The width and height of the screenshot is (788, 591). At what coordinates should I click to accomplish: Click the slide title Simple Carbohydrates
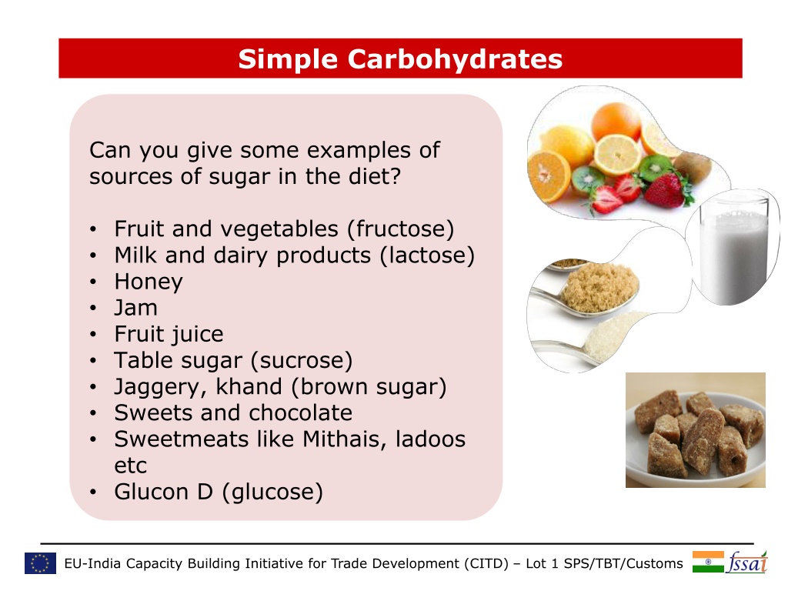(400, 59)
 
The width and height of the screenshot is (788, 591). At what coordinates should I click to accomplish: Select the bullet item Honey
(149, 282)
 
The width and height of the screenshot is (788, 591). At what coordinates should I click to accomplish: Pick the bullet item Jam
(135, 308)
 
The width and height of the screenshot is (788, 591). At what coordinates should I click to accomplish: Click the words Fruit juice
(169, 334)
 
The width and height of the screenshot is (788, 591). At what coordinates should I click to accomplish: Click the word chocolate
(300, 413)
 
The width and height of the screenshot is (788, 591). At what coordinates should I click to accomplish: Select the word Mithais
(344, 439)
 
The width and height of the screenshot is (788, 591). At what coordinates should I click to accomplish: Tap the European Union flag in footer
(40, 563)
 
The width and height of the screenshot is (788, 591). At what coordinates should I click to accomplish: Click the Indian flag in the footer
(708, 562)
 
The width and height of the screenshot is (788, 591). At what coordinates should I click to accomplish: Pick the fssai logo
(747, 563)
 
